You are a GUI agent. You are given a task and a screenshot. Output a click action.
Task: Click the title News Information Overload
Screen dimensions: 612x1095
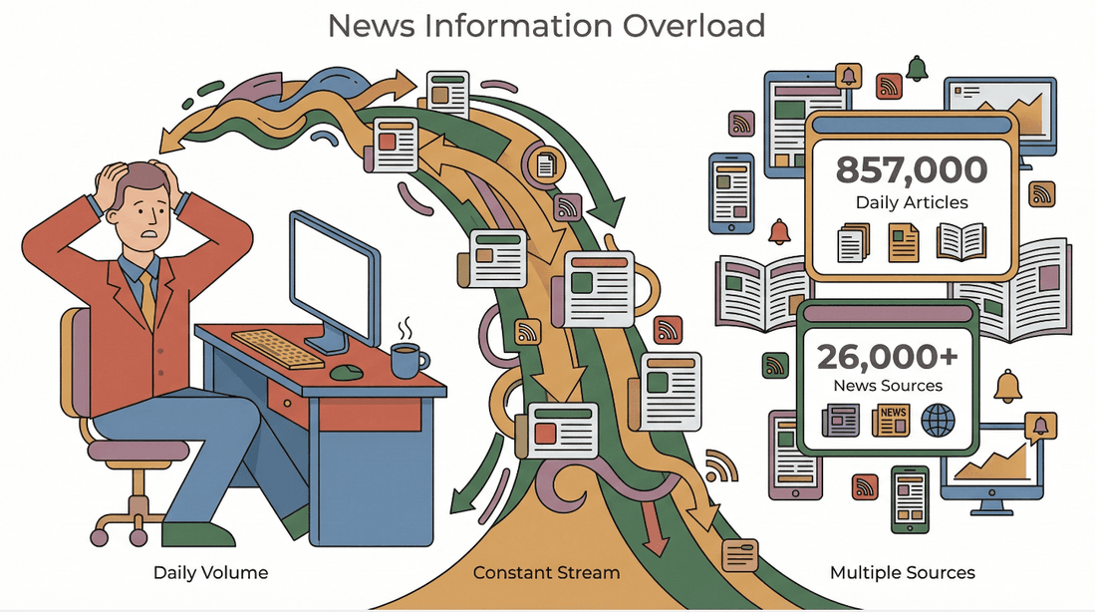[546, 25]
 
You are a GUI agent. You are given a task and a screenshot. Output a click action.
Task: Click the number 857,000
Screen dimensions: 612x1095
[911, 169]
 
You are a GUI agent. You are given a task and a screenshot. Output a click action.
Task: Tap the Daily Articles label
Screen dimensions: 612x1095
[911, 202]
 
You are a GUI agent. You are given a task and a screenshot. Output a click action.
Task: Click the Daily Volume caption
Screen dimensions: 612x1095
[210, 573]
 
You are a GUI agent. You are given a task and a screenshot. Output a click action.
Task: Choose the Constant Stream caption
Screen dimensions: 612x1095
[546, 573]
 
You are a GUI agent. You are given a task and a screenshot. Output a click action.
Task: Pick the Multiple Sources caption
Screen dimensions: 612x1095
[902, 573]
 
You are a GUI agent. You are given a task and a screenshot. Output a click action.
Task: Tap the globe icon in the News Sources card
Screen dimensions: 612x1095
[938, 421]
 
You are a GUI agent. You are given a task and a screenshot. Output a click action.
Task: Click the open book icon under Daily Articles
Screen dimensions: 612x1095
[960, 241]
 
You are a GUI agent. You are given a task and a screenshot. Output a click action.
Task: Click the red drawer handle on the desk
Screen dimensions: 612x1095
[287, 407]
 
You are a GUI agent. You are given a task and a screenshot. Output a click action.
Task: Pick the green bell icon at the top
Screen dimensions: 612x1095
[917, 68]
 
